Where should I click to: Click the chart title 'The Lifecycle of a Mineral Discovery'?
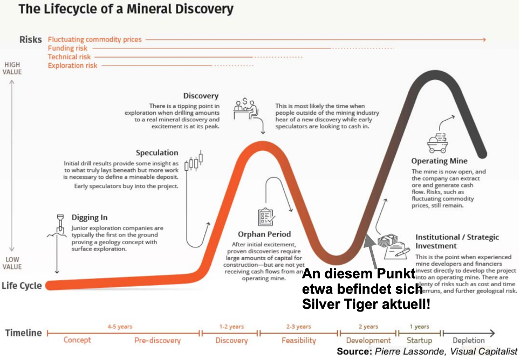click(126, 9)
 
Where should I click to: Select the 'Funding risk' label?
click(67, 48)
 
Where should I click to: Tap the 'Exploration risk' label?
click(72, 65)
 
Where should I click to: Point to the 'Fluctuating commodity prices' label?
click(94, 39)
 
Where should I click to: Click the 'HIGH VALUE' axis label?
click(12, 68)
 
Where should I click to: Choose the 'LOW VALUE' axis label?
click(12, 262)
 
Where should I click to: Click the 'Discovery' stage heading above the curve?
click(201, 96)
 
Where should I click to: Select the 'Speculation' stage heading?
click(157, 153)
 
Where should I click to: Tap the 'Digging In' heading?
click(90, 217)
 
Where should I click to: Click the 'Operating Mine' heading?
click(439, 161)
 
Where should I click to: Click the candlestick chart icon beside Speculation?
click(195, 162)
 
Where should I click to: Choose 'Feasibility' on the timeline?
click(298, 340)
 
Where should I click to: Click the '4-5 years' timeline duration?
click(119, 327)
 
